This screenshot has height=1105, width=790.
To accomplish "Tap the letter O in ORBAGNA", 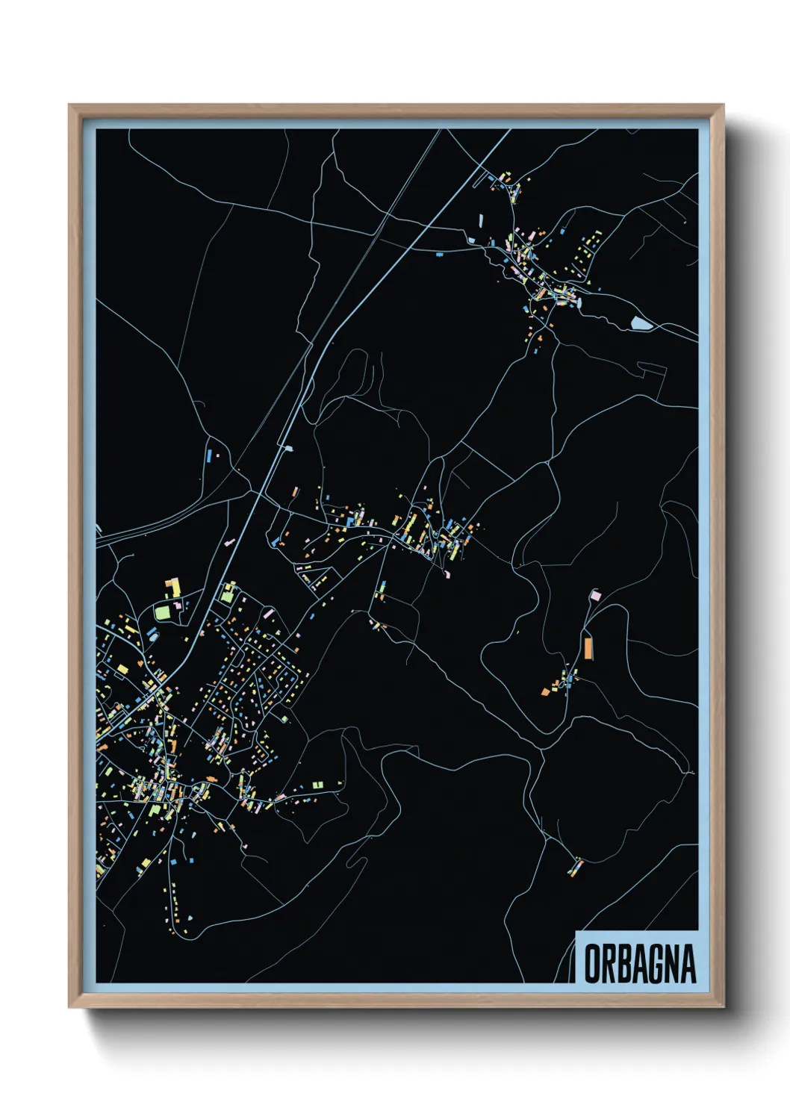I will coord(591,964).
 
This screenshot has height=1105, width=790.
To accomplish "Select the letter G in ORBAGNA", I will coord(655,964).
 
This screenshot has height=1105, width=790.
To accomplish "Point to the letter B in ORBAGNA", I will coord(623,964).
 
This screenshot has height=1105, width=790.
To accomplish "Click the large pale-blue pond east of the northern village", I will coord(640,323).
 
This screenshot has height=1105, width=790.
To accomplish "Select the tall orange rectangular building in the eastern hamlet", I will coord(588,647).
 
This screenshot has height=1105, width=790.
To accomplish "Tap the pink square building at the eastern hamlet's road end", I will coord(594,595).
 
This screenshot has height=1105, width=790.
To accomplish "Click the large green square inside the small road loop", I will coord(162,612).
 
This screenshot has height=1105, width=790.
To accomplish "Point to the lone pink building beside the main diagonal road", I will coord(227,543).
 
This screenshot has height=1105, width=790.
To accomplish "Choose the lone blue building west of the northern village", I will coord(439,255).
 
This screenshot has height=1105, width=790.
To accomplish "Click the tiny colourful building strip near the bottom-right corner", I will coord(576,867).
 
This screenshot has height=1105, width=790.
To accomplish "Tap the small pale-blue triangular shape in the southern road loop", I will coord(190,917).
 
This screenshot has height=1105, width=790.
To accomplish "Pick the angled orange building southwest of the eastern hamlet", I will coord(545,691).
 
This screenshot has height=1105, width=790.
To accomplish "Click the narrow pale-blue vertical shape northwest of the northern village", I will coord(481,221).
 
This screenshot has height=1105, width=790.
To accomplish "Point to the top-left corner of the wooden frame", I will coord(69,105).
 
